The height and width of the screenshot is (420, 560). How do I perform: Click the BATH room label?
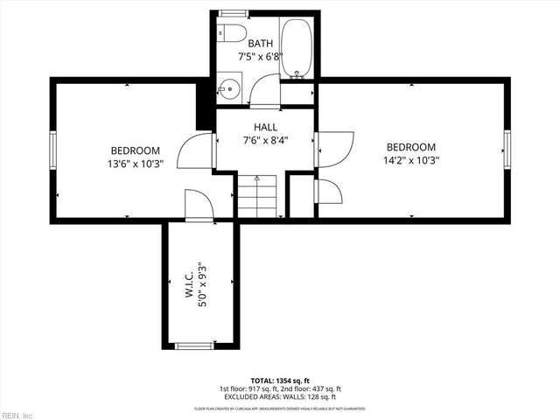pos(260,43)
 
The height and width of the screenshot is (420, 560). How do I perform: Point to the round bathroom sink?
pos(229,87)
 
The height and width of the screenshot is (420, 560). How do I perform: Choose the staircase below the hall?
pos(257,196)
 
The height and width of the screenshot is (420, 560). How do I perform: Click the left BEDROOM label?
pos(135,150)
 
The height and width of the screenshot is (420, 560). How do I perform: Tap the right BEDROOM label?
pos(411,147)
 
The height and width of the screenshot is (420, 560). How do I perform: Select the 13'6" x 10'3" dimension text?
pos(135,163)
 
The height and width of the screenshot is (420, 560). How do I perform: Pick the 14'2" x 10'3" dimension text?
pos(411,160)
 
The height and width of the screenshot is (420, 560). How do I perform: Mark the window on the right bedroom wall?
pos(507,150)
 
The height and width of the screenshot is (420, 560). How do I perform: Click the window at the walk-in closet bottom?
pos(195,346)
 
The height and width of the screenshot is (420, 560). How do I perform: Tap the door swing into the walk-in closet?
pos(198,207)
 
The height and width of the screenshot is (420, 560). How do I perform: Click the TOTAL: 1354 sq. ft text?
pos(280,381)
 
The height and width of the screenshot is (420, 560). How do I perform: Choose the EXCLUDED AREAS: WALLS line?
pos(280,397)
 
